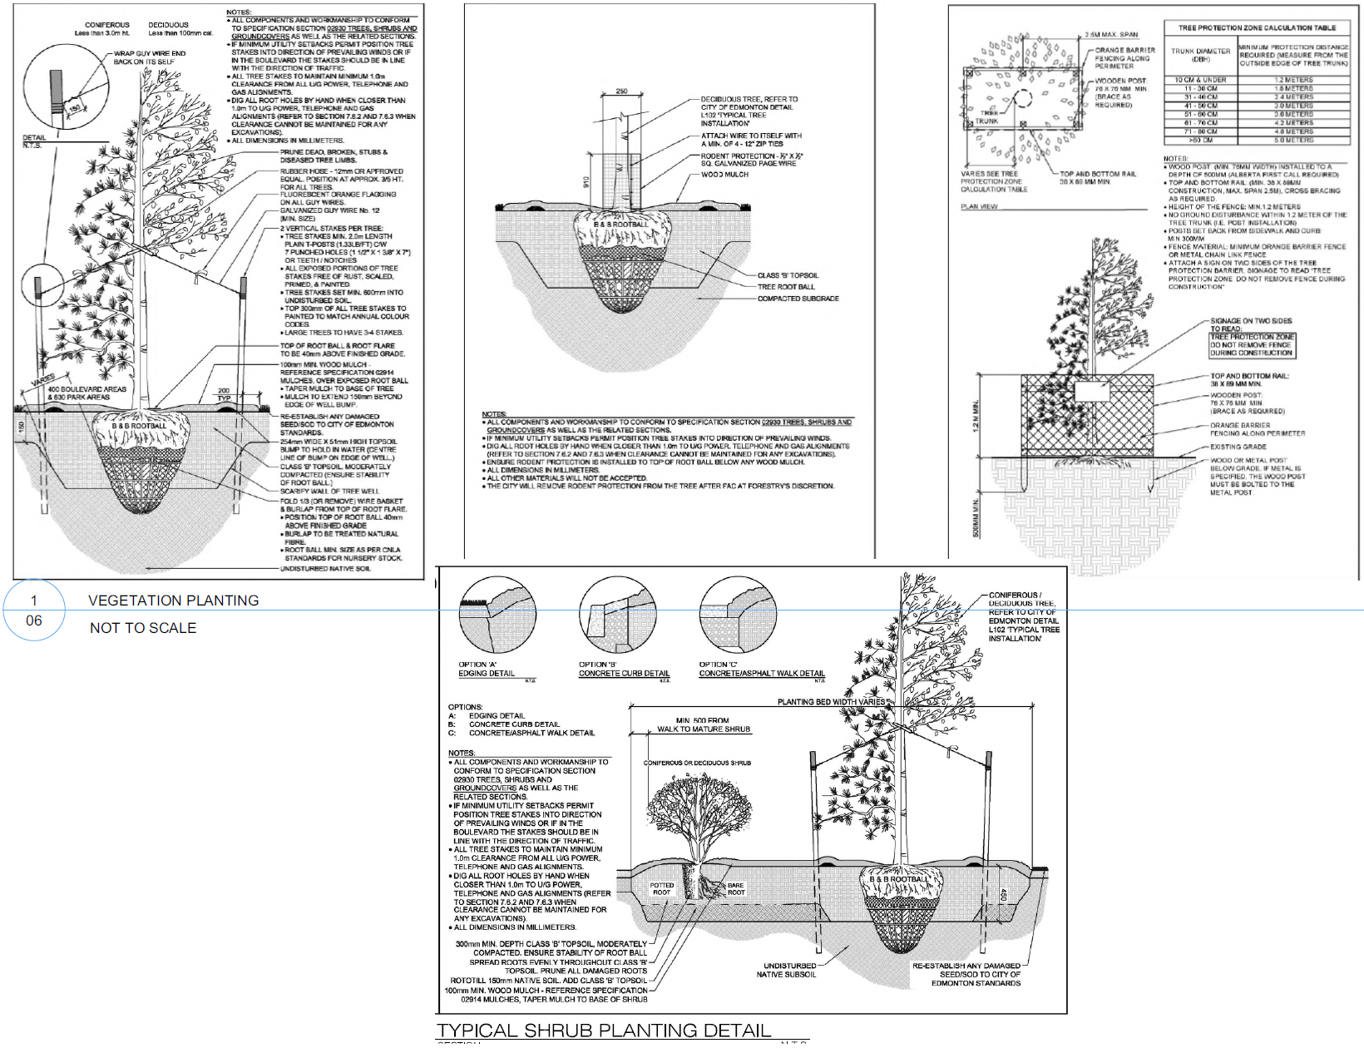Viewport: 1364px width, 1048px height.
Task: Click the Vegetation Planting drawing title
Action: [173, 601]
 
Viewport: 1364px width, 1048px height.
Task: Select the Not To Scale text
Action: [143, 628]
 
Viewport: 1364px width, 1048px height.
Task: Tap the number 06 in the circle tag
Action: [34, 620]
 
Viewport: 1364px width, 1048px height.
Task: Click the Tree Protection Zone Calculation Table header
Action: [1257, 27]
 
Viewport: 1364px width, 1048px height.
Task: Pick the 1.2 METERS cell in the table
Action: [1293, 80]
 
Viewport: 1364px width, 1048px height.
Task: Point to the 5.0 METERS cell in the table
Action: [1293, 140]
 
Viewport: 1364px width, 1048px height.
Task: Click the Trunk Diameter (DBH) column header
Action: [1200, 55]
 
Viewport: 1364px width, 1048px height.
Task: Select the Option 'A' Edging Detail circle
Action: [498, 616]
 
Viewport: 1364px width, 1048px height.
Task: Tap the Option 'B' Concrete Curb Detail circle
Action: [617, 616]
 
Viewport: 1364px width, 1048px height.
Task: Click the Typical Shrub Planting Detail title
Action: [604, 1031]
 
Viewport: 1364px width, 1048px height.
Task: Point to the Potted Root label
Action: [661, 889]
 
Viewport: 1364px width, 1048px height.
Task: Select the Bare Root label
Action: [736, 889]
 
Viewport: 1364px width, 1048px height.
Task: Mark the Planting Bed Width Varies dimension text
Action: [831, 702]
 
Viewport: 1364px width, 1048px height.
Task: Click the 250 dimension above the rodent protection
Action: [621, 91]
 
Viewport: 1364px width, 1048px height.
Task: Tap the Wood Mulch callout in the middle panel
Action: [724, 175]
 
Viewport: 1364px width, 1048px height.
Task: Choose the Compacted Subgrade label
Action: [798, 299]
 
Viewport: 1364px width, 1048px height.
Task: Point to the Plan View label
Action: [979, 206]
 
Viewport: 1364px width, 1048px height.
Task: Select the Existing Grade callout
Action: [1238, 447]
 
